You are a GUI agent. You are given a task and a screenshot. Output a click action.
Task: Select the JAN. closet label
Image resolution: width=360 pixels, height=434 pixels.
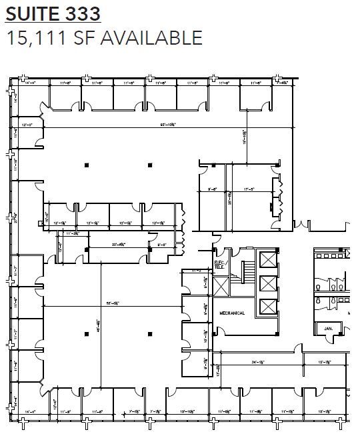pyautogui.click(x=328, y=329)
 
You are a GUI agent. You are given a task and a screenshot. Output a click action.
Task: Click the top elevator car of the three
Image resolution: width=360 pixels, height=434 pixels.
pyautogui.click(x=267, y=258)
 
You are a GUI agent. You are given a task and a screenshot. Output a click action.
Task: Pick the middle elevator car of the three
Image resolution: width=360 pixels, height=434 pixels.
pyautogui.click(x=267, y=283)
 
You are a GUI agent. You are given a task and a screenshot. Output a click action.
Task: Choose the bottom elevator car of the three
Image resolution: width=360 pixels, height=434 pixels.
pyautogui.click(x=267, y=307)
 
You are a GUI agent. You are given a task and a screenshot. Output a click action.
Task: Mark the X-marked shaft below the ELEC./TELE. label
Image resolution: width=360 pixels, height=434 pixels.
pyautogui.click(x=221, y=286)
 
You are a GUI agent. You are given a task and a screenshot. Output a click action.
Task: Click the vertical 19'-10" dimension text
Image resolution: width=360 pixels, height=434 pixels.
pyautogui.click(x=244, y=137)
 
